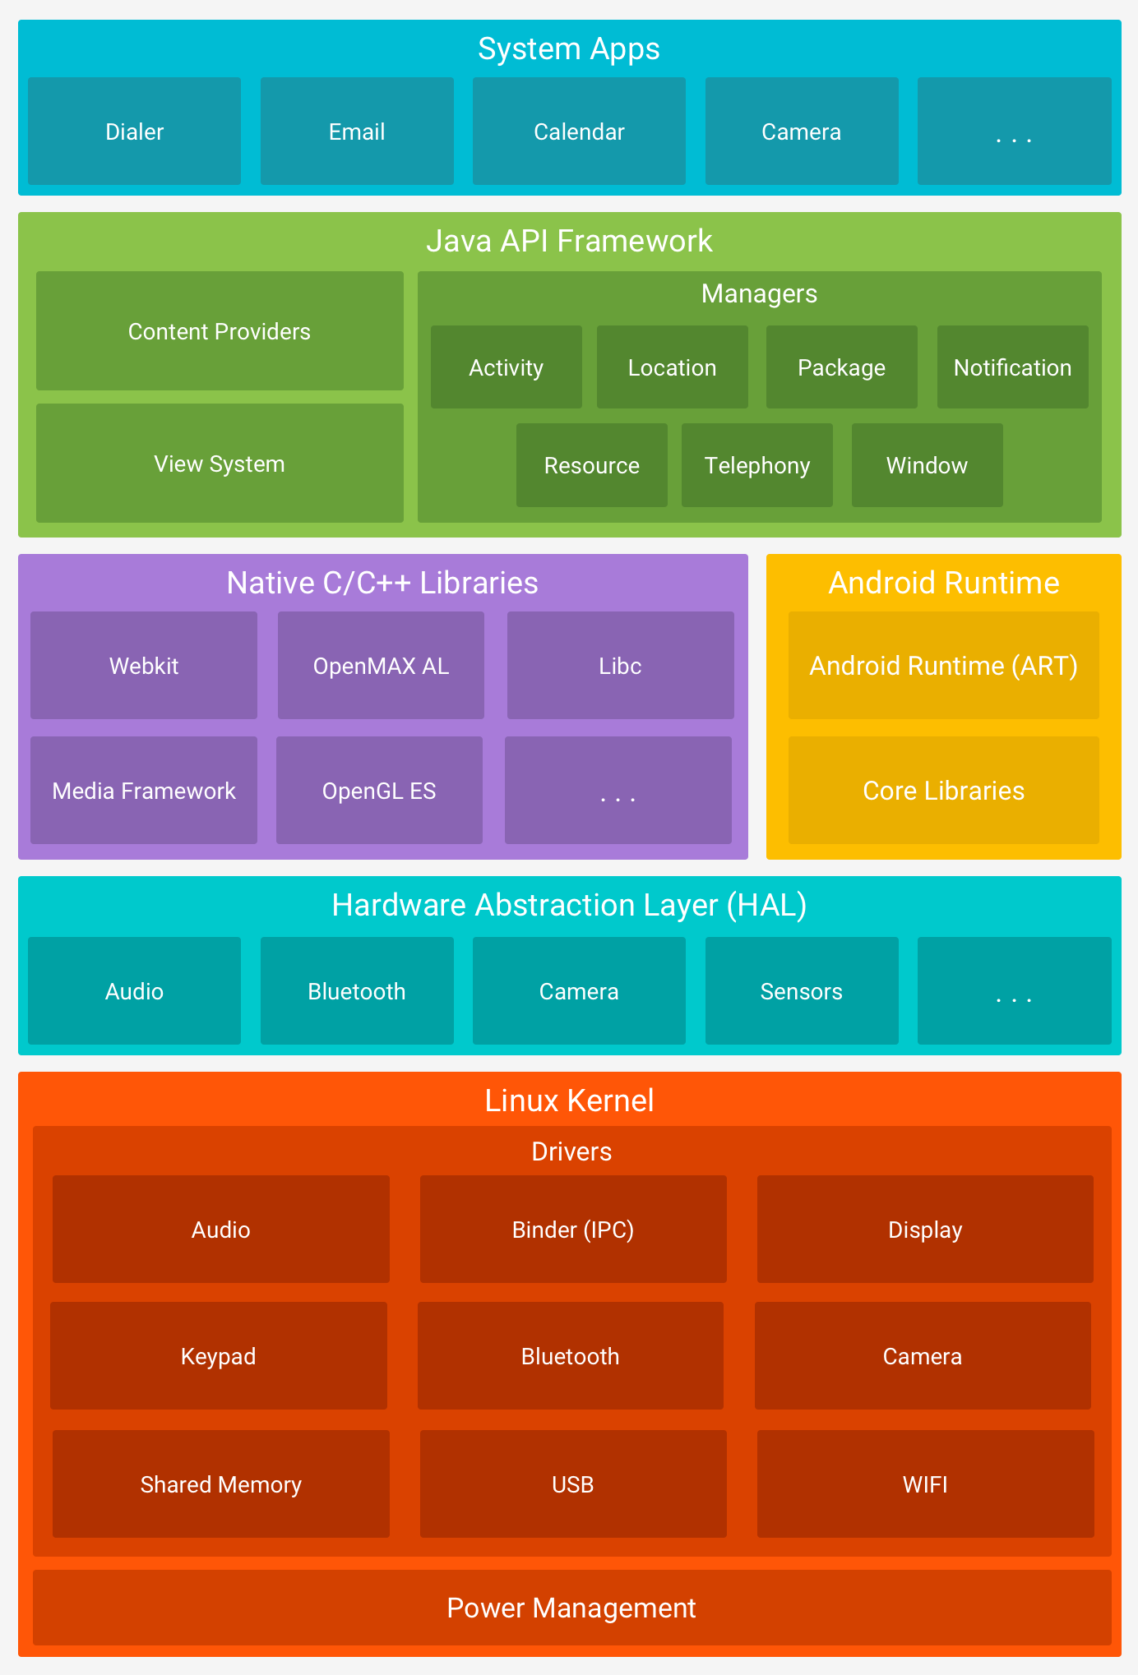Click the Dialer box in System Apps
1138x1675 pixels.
pyautogui.click(x=134, y=132)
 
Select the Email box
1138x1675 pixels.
pyautogui.click(x=357, y=132)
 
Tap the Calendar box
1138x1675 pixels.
pyautogui.click(x=579, y=132)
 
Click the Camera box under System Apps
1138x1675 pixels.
pyautogui.click(x=802, y=132)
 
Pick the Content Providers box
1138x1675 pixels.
pyautogui.click(x=220, y=331)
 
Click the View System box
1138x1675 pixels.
pyautogui.click(x=220, y=464)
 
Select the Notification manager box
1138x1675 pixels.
pyautogui.click(x=1012, y=367)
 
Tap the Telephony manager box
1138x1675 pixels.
pyautogui.click(x=756, y=465)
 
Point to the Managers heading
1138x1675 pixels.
pyautogui.click(x=759, y=293)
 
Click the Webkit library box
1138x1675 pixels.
pyautogui.click(x=144, y=666)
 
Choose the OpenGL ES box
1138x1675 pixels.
pyautogui.click(x=379, y=791)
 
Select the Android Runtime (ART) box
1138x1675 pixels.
pyautogui.click(x=943, y=666)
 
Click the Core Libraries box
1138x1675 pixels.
pyautogui.click(x=943, y=791)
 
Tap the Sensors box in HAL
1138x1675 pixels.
pyautogui.click(x=802, y=991)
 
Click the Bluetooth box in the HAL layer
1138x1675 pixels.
pyautogui.click(x=357, y=991)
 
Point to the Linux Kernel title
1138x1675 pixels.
pyautogui.click(x=569, y=1101)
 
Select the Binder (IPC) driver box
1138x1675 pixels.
pyautogui.click(x=573, y=1230)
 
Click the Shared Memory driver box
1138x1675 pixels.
pyautogui.click(x=220, y=1484)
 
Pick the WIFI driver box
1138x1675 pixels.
pyautogui.click(x=925, y=1484)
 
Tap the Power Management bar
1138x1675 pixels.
pyautogui.click(x=571, y=1608)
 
